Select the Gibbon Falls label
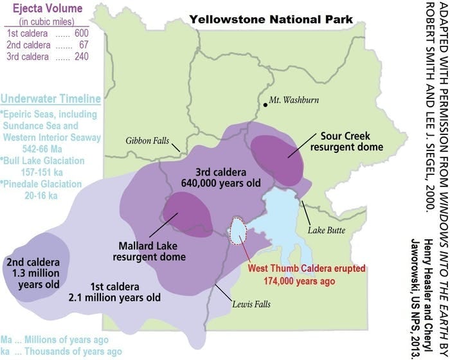[x=161, y=123]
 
